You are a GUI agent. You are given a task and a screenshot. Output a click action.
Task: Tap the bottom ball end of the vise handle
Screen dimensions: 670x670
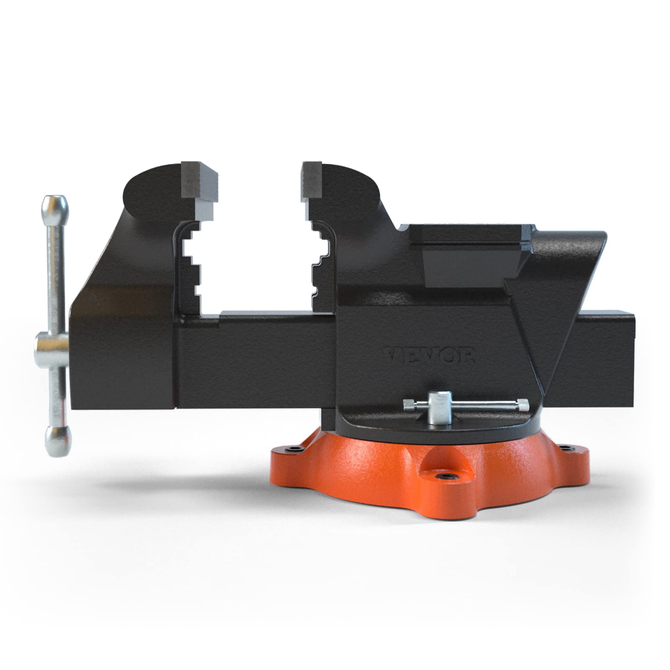[x=57, y=440]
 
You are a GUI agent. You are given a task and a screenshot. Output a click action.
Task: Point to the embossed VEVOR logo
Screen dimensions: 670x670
[x=430, y=357]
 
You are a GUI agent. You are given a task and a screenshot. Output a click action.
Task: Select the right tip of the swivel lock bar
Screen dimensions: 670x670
[x=523, y=406]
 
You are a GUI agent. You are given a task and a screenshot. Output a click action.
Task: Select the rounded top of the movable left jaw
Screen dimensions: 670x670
[x=151, y=184]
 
